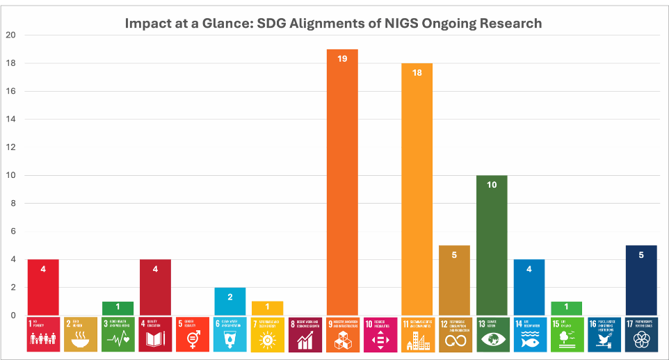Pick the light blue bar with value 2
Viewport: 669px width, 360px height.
230,301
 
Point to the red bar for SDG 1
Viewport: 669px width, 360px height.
43,287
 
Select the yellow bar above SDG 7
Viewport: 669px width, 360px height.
268,308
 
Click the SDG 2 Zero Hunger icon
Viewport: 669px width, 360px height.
81,334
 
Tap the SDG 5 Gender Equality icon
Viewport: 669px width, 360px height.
193,334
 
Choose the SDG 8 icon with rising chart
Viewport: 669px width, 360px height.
305,334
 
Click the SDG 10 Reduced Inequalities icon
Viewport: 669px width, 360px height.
380,334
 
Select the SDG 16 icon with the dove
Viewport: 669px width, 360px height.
604,334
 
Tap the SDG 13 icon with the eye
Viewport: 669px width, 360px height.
492,334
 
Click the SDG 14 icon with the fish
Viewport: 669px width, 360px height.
529,334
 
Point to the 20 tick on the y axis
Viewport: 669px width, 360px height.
9,35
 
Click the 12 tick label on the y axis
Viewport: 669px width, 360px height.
9,147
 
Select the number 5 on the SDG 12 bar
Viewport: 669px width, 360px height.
455,255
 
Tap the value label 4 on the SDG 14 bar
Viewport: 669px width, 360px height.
529,269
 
